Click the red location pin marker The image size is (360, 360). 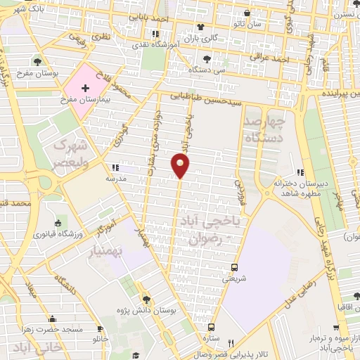coord(181,165)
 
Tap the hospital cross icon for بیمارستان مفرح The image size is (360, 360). coord(86,89)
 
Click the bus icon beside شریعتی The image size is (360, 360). coord(234,268)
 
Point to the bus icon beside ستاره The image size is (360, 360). coord(210,327)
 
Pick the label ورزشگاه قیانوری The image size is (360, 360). coord(67,233)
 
